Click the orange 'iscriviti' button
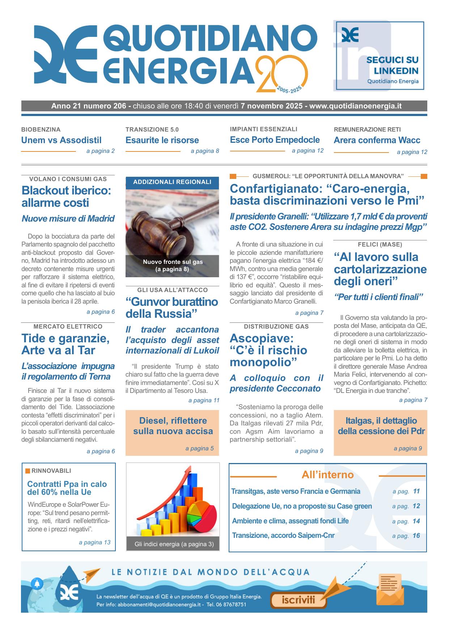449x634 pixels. tap(298, 600)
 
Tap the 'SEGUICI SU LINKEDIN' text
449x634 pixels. tap(392, 65)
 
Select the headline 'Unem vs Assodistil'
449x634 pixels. tap(61, 140)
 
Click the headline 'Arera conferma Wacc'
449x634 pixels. tap(377, 140)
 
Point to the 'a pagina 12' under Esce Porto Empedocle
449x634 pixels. tap(308, 151)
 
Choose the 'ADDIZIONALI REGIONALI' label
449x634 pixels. tap(172, 182)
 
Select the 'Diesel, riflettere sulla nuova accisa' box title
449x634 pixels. tap(173, 426)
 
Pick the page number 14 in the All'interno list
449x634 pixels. tap(416, 521)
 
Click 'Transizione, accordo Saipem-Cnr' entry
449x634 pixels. tap(283, 536)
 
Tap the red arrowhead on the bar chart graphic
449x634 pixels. tap(188, 470)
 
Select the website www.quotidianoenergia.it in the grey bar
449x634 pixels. tap(355, 106)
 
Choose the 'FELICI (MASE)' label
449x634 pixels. tap(380, 245)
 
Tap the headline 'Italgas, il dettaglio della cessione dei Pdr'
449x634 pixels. tap(381, 426)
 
